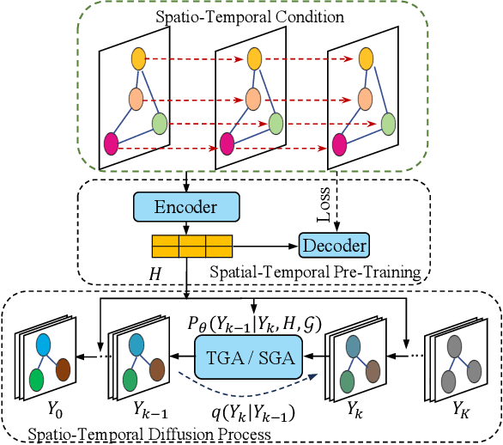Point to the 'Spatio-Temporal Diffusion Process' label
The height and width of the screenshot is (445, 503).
pyautogui.click(x=147, y=435)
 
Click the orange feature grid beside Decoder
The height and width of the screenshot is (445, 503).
pyautogui.click(x=191, y=247)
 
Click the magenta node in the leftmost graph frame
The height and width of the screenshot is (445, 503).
pyautogui.click(x=112, y=143)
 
